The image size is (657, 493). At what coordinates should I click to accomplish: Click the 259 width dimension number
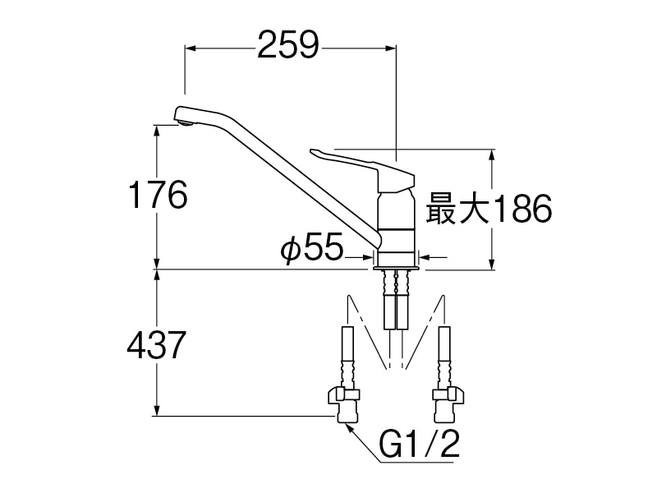288,44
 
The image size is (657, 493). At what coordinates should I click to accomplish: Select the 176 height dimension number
158,195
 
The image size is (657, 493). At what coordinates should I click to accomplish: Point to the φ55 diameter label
311,247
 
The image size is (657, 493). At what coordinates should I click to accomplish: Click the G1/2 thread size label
420,444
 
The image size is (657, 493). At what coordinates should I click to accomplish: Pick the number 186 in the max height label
521,209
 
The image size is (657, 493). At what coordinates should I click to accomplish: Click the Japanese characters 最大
457,209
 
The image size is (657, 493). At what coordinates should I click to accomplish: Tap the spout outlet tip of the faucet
185,122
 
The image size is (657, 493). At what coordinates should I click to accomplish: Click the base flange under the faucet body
396,267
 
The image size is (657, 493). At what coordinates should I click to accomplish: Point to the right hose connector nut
448,394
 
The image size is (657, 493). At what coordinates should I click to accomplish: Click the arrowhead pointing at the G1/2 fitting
347,426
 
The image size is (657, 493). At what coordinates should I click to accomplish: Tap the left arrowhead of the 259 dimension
191,48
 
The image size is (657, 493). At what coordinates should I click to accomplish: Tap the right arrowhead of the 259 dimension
391,48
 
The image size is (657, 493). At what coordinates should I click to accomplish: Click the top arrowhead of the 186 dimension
492,154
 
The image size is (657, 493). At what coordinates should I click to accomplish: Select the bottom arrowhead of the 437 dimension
157,410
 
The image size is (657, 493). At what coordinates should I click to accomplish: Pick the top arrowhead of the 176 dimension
157,131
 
